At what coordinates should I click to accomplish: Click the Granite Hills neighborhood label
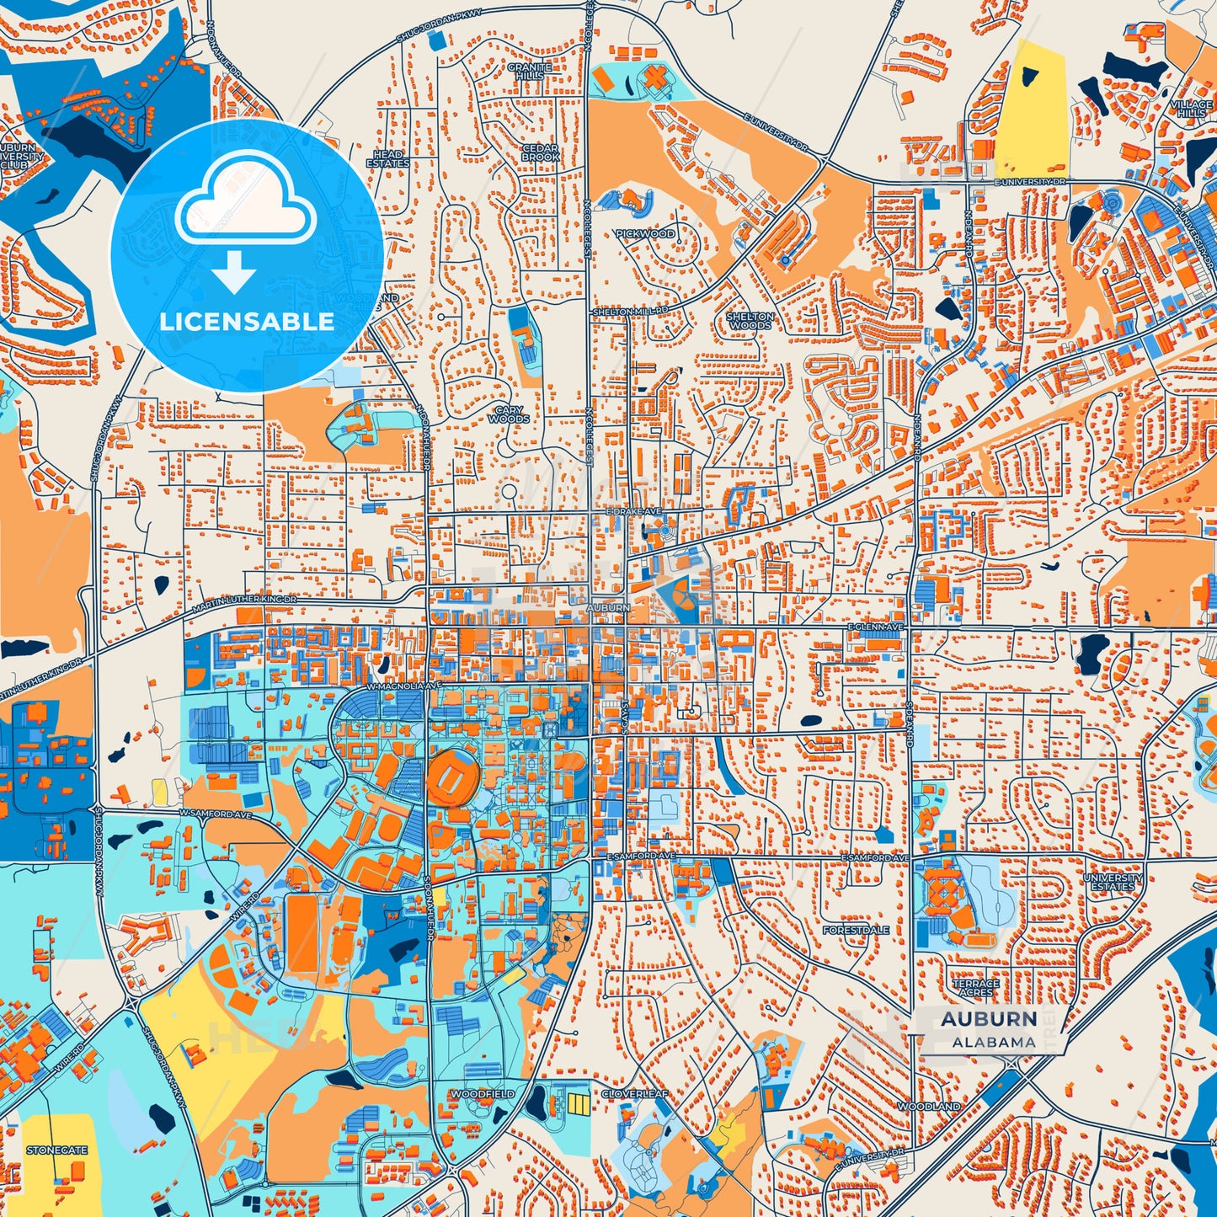pos(529,71)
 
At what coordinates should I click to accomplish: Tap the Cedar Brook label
pos(540,152)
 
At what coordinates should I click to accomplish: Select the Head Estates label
pos(387,158)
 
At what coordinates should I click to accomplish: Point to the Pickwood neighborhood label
pos(645,233)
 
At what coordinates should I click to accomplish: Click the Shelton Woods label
pos(750,321)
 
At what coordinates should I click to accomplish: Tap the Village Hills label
pos(1191,109)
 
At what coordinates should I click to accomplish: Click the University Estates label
pos(1113,882)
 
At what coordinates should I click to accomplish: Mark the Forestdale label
pos(856,930)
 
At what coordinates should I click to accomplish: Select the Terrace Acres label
pos(975,988)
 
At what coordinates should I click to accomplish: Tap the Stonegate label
pos(56,1150)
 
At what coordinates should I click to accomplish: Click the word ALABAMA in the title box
pos(994,1042)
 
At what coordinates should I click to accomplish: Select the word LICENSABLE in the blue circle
pos(247,322)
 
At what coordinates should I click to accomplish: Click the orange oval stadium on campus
pos(452,777)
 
